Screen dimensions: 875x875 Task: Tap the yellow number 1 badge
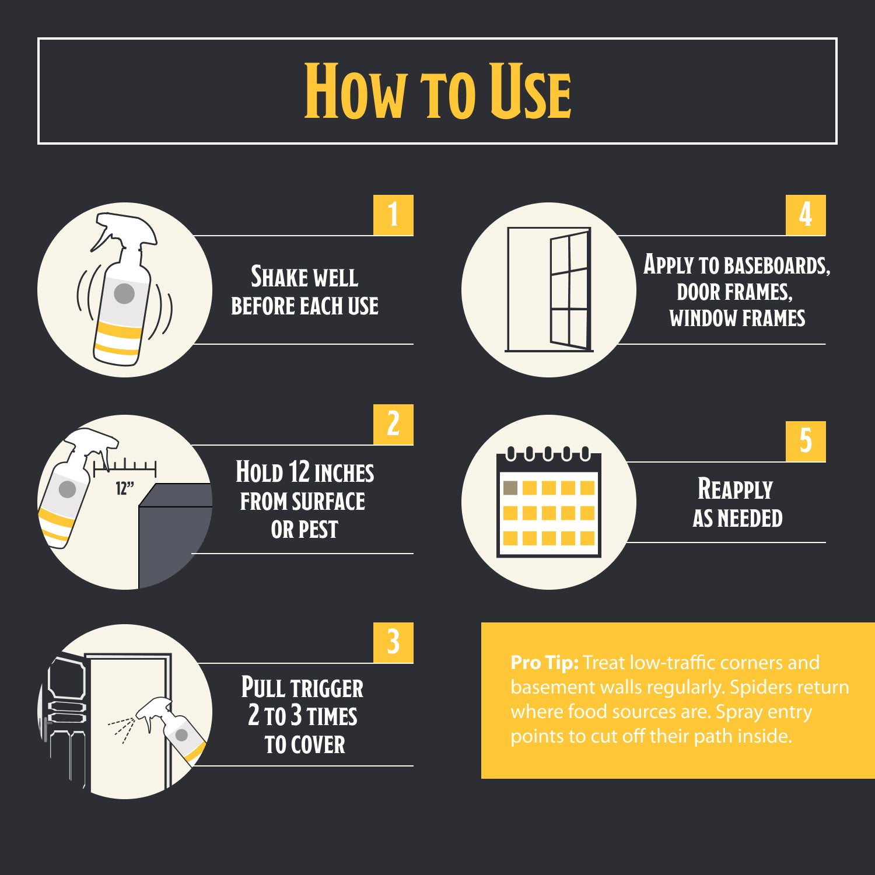click(393, 215)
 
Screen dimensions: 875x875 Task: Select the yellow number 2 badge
click(393, 424)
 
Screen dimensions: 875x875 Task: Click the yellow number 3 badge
click(393, 642)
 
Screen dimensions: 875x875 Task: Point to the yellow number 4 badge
click(806, 215)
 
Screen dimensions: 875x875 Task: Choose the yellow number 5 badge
click(806, 441)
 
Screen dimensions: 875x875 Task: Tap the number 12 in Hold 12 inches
click(299, 472)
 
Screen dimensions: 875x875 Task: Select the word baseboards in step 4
click(776, 265)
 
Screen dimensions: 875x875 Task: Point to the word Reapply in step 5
click(735, 489)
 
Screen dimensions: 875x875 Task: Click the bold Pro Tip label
click(544, 663)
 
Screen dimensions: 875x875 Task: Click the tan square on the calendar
click(510, 488)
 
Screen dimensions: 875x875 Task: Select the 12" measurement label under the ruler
click(125, 488)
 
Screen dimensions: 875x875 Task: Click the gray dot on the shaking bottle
click(124, 293)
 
